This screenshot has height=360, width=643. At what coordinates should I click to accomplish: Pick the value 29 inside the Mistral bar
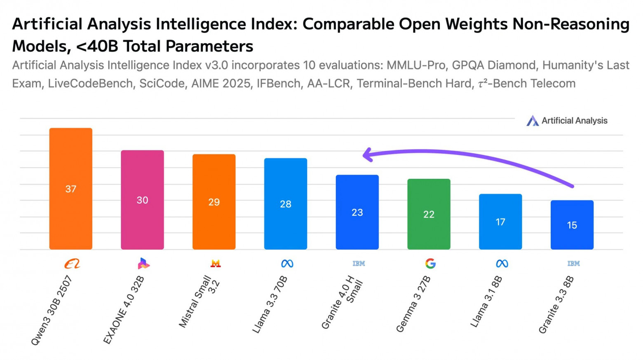(x=214, y=202)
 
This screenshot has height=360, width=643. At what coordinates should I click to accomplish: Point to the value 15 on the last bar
(x=572, y=225)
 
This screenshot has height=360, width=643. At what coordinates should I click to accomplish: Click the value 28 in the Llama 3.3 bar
(x=286, y=204)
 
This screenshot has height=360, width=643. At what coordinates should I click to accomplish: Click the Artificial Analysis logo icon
(x=533, y=121)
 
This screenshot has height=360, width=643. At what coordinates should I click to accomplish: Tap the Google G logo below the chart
(x=430, y=264)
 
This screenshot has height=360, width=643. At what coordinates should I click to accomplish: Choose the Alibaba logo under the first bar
(x=72, y=264)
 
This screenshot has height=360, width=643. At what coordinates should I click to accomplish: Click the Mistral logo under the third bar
(x=215, y=264)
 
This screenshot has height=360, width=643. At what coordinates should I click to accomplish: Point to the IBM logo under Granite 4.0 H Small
(x=359, y=264)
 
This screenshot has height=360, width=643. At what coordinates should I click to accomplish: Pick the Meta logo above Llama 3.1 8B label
(x=502, y=264)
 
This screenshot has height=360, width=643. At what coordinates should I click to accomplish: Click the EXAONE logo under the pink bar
(x=143, y=264)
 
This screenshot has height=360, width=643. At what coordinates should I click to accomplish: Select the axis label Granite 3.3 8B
(x=556, y=305)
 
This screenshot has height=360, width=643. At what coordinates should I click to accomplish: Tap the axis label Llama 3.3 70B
(x=270, y=305)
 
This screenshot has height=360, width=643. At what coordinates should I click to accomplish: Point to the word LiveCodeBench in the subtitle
(x=90, y=84)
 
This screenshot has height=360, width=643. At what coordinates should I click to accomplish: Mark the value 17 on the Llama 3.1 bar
(x=500, y=222)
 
